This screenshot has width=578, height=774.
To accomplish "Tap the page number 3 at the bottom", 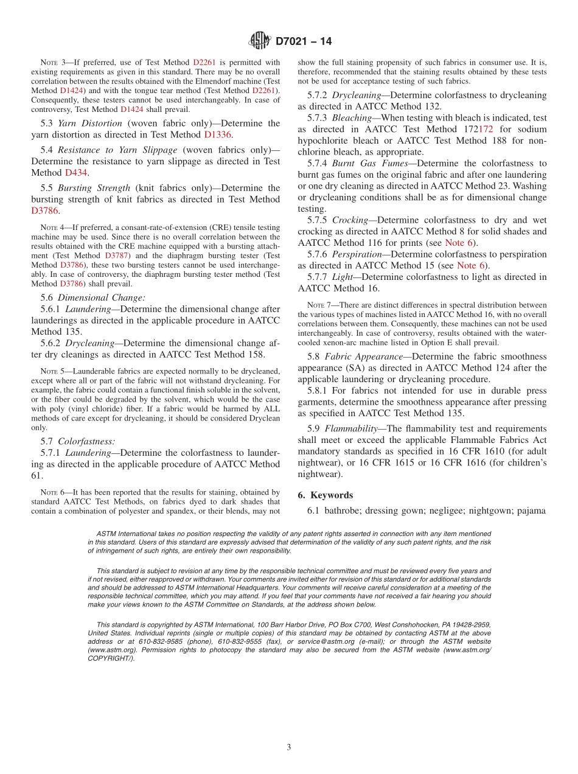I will pyautogui.click(x=289, y=748).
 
